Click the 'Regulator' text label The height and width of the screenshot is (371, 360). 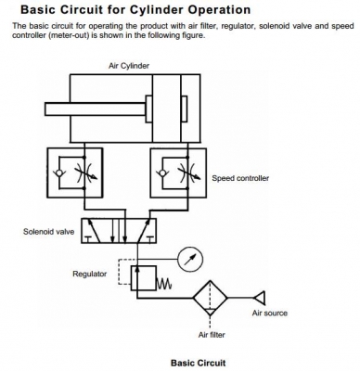click(x=90, y=274)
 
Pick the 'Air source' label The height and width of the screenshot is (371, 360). click(x=269, y=313)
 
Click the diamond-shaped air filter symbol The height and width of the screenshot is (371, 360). click(x=212, y=298)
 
